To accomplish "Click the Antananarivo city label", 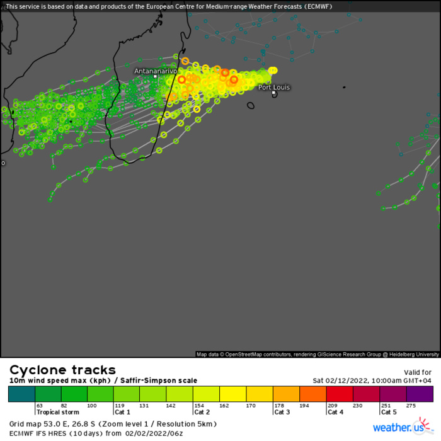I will [x=155, y=71].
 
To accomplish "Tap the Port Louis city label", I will [x=274, y=88].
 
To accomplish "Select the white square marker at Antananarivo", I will [x=155, y=77].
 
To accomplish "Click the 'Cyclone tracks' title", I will [x=62, y=370].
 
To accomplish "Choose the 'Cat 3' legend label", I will [x=282, y=412].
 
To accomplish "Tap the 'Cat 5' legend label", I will [x=388, y=412].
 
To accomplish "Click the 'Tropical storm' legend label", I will [x=57, y=412].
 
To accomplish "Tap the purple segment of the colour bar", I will [x=420, y=394].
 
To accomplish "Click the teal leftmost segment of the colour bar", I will [x=21, y=394].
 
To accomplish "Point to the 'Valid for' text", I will [x=416, y=372].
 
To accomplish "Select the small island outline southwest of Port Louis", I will [x=251, y=106].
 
